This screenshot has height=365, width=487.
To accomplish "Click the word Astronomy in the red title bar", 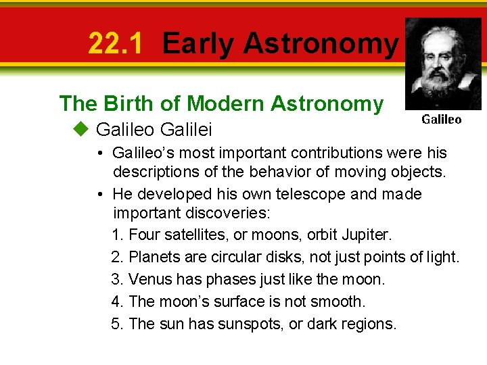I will click(x=320, y=44).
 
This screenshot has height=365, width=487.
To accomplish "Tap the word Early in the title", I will click(x=199, y=44).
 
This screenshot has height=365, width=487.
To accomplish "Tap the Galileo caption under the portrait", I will click(x=441, y=120).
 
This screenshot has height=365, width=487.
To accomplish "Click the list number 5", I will click(x=117, y=324).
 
